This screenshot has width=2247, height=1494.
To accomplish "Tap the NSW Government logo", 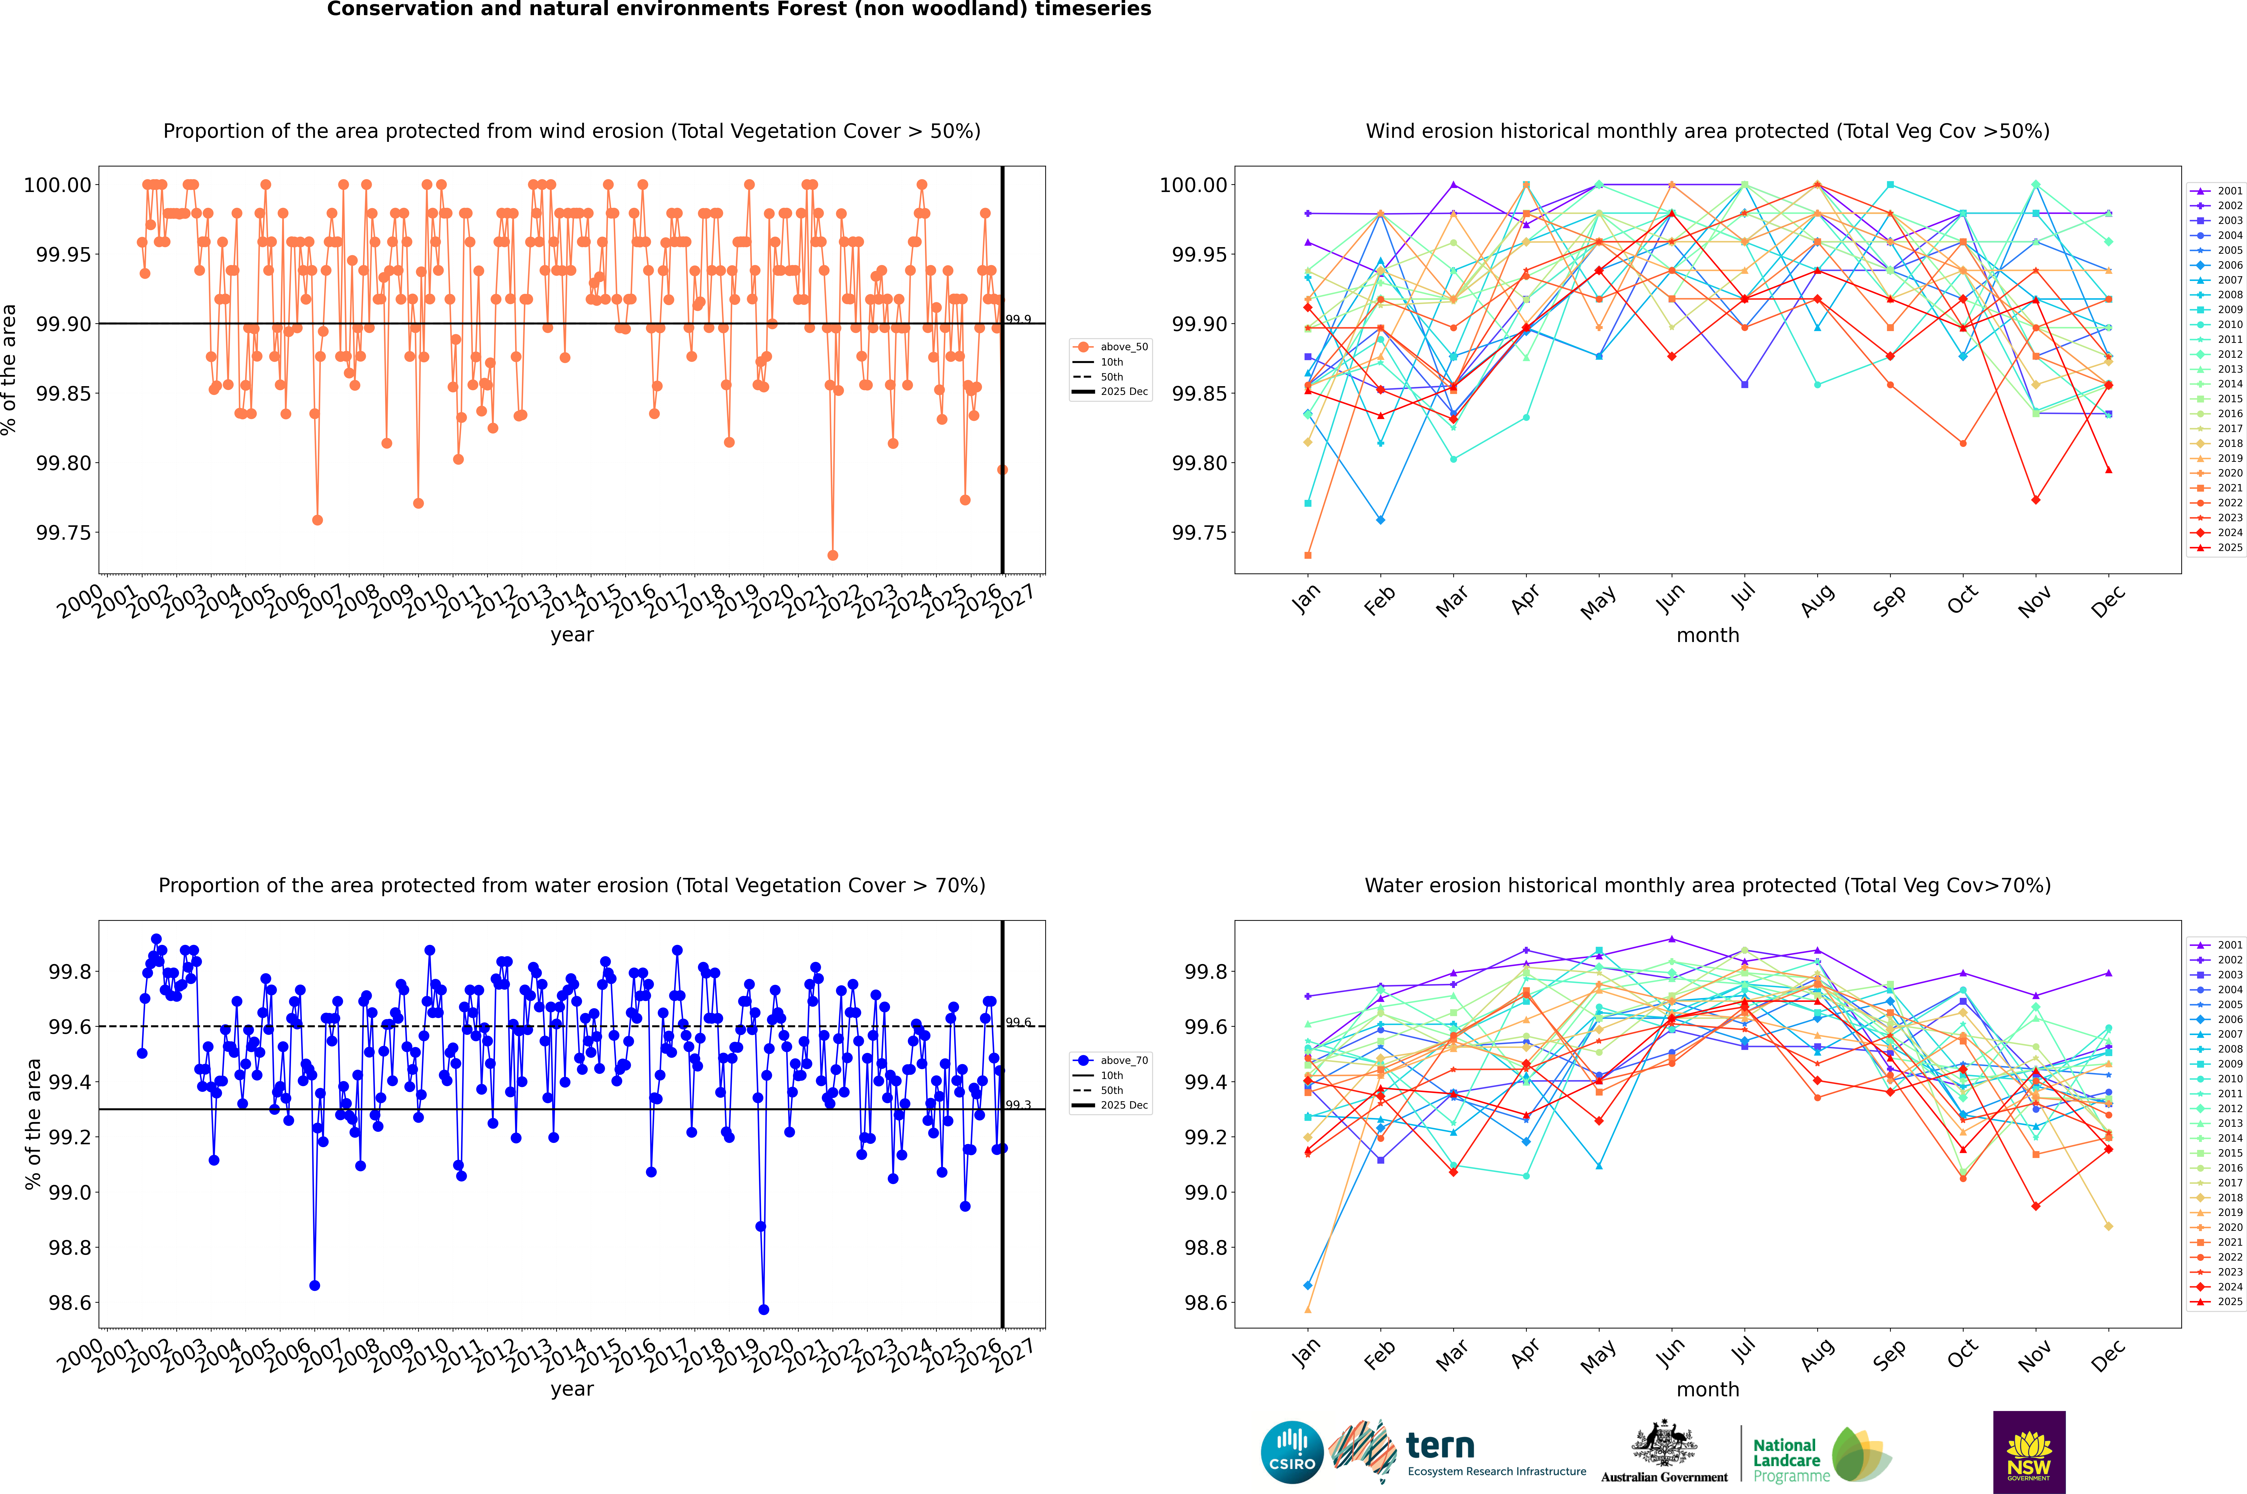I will pos(2029,1452).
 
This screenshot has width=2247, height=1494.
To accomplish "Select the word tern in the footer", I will pos(1440,1446).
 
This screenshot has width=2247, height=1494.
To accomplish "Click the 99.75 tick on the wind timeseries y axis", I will pos(63,533).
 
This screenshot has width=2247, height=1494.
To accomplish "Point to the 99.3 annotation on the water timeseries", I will pos(1018,1105).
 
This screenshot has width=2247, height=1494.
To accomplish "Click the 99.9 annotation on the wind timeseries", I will pos(1018,320).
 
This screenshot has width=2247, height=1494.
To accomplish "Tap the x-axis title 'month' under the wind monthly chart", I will pos(1707,636).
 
